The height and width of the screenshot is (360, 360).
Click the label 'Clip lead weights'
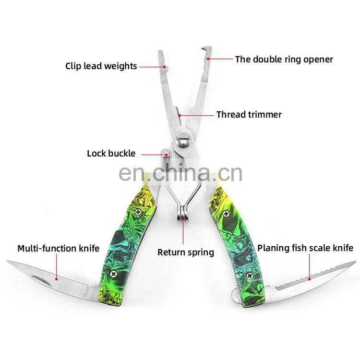(x=101, y=66)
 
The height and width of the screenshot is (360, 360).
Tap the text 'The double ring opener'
(x=284, y=60)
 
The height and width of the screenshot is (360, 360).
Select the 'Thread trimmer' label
(x=249, y=115)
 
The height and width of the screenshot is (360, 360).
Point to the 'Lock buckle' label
(x=111, y=154)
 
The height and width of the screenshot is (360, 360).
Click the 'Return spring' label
(x=186, y=252)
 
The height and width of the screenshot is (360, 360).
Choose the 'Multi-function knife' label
(x=58, y=248)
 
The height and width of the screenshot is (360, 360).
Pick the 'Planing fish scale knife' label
(x=305, y=248)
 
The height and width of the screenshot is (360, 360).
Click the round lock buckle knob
(x=166, y=154)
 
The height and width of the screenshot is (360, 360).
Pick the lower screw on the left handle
(x=113, y=274)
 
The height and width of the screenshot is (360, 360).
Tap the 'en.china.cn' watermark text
(x=180, y=172)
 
